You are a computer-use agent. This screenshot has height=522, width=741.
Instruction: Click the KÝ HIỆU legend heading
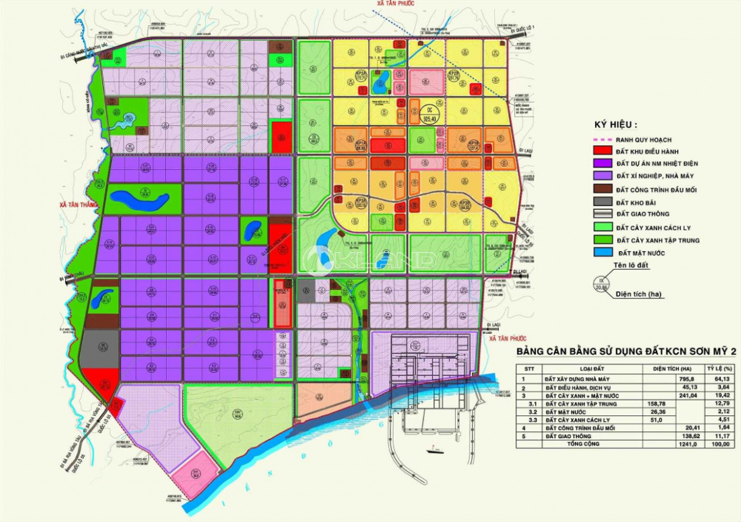coord(615,125)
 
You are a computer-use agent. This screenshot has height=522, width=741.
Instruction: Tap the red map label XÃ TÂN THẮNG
coord(79,204)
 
